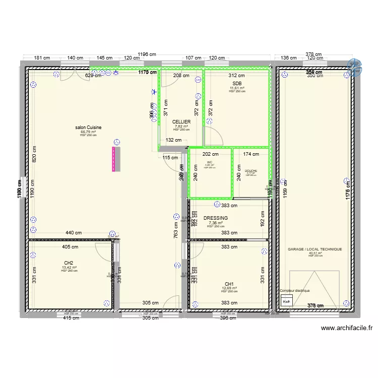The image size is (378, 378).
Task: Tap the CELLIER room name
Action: pyautogui.click(x=181, y=122)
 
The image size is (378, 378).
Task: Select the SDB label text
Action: pyautogui.click(x=237, y=84)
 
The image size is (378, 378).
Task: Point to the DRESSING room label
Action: pyautogui.click(x=216, y=218)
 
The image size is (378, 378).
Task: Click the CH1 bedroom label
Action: pyautogui.click(x=229, y=284)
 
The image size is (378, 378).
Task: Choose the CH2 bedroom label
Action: pyautogui.click(x=69, y=263)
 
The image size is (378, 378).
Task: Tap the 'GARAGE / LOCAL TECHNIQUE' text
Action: pyautogui.click(x=314, y=249)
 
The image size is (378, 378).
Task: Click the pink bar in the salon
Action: pyautogui.click(x=114, y=159)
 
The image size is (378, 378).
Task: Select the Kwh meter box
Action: pyautogui.click(x=286, y=302)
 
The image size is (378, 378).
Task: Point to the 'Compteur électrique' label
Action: pyautogui.click(x=294, y=291)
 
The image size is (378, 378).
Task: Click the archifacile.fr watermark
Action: pyautogui.click(x=347, y=328)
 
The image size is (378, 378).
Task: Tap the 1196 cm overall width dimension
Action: pyautogui.click(x=146, y=54)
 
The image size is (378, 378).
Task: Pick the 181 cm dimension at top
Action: pyautogui.click(x=42, y=58)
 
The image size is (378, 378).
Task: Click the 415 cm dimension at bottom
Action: pyautogui.click(x=71, y=318)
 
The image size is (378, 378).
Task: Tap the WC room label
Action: pyautogui.click(x=210, y=162)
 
